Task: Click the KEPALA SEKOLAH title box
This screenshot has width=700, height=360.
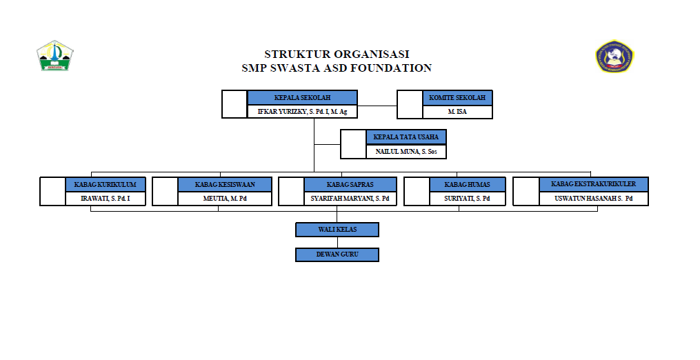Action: tap(302, 98)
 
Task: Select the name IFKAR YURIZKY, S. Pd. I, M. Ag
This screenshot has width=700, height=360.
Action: tap(302, 112)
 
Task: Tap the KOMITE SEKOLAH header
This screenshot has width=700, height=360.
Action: tap(457, 98)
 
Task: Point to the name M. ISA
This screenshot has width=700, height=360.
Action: tap(457, 112)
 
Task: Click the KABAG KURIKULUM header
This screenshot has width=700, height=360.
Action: tap(106, 185)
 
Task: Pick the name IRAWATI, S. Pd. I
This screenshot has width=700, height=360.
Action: tap(106, 199)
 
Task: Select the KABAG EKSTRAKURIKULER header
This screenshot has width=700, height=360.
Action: tap(593, 184)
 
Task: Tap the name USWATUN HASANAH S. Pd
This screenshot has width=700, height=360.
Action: tap(593, 199)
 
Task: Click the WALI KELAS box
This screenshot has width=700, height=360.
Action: tap(337, 230)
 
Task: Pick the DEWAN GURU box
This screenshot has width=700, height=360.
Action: tap(337, 254)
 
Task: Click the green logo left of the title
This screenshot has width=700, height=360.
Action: tap(54, 56)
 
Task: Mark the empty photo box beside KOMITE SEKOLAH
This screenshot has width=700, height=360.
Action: tap(410, 105)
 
